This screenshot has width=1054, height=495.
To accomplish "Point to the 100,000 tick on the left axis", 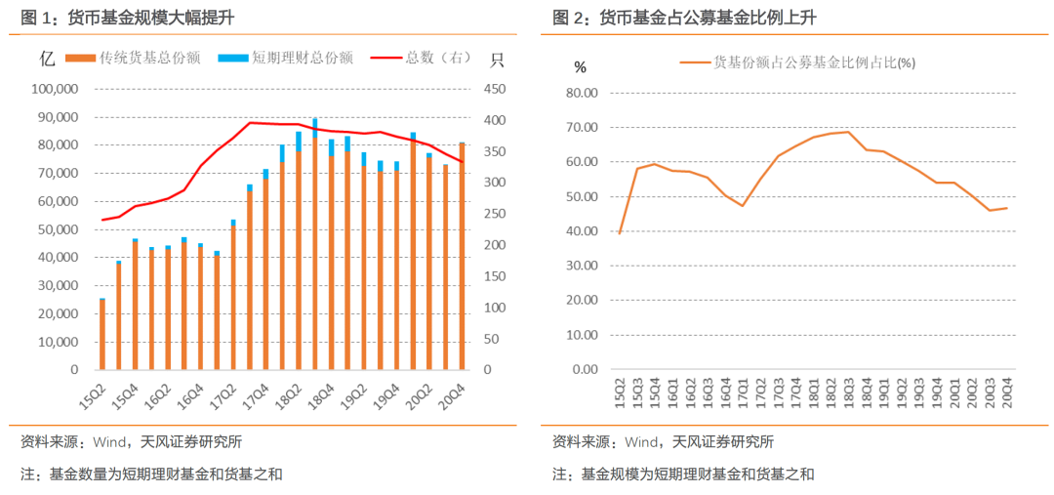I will pos(55,89).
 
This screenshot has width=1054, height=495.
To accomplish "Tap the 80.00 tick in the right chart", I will pos(583,94).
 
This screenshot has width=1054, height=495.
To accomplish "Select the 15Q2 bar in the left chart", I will pos(102,335).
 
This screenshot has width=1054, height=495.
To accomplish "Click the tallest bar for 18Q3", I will pos(314,244).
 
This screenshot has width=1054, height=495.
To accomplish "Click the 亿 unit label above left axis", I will pos(47,58).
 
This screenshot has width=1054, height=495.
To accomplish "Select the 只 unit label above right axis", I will pos(497,58).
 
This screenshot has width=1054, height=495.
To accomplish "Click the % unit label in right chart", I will pos(581,67).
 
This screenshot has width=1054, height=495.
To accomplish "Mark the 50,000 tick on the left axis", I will pos(58,229).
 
